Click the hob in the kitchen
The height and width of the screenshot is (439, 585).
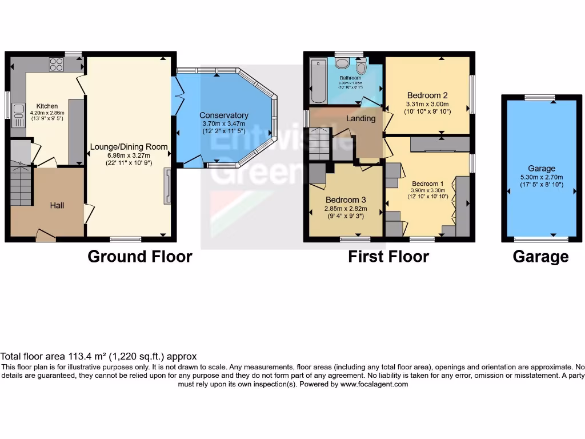pyautogui.click(x=56, y=65)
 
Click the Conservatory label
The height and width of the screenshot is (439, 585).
pyautogui.click(x=225, y=115)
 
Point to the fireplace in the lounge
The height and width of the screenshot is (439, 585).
pyautogui.click(x=167, y=186)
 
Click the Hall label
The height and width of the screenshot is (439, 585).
pyautogui.click(x=57, y=205)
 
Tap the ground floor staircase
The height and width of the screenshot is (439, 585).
pyautogui.click(x=21, y=183)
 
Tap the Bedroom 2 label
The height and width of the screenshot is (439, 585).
pyautogui.click(x=427, y=95)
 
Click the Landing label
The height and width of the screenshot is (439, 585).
pyautogui.click(x=361, y=118)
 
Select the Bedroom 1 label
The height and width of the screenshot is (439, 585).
pyautogui.click(x=427, y=183)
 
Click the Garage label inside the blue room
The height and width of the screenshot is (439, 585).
pyautogui.click(x=541, y=169)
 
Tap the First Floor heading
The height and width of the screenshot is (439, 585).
pyautogui.click(x=388, y=257)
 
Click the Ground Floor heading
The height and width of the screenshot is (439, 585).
pyautogui.click(x=139, y=257)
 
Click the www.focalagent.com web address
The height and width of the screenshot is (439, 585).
pyautogui.click(x=375, y=384)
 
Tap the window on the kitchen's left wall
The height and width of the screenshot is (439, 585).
pyautogui.click(x=7, y=105)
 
